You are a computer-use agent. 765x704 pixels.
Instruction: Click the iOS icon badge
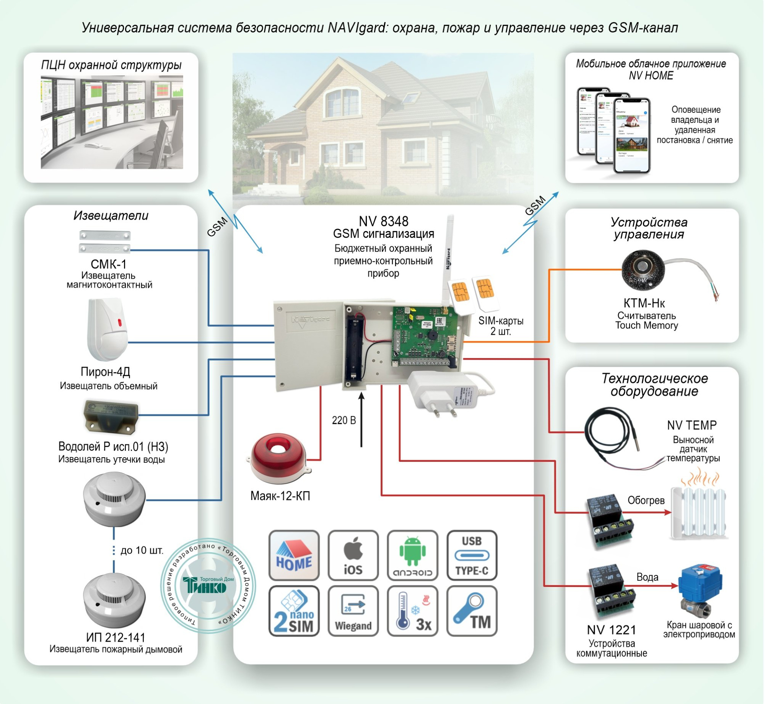coord(353,555)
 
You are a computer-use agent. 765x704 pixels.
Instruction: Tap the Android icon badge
coord(412,555)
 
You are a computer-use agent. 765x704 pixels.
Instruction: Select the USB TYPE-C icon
coord(472,555)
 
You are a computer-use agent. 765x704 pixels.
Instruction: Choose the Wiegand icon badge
coord(353,611)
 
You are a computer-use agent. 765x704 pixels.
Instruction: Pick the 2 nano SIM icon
coord(294,611)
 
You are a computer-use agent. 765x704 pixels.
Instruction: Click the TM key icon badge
coord(472,611)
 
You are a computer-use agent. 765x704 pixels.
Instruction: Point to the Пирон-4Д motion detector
coord(107,329)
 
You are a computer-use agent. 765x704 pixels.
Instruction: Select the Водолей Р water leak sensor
coord(110,417)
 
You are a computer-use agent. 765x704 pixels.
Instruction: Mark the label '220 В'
coord(343,420)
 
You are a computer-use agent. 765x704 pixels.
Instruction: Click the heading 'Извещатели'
coord(111,215)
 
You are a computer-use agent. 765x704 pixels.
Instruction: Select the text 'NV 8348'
coord(383,221)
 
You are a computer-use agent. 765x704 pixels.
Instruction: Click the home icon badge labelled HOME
coord(294,555)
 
